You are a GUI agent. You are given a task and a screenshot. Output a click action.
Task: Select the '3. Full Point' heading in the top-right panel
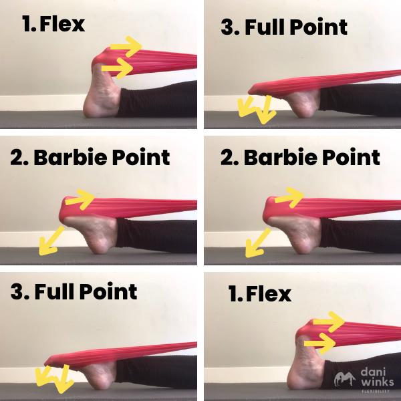(284, 27)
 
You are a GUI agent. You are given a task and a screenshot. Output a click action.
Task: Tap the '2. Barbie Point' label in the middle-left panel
(90, 158)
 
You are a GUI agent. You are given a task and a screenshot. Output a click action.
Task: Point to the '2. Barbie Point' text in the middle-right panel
(300, 158)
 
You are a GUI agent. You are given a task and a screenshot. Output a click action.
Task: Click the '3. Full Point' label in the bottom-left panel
(74, 292)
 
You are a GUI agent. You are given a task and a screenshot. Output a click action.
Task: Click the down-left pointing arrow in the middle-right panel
(258, 242)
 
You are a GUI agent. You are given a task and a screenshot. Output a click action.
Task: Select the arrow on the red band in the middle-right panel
(289, 196)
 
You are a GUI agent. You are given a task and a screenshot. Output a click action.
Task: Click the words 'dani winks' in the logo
(378, 377)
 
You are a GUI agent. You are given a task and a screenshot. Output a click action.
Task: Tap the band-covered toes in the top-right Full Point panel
(257, 90)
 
